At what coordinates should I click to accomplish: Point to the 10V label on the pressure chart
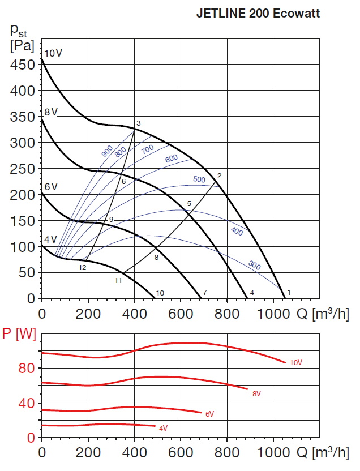tap(53, 53)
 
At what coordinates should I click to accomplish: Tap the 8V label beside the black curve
tap(52, 112)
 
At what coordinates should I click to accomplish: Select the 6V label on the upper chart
tap(52, 187)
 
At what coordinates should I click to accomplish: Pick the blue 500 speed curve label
tap(199, 179)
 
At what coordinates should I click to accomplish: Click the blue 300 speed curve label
tap(255, 264)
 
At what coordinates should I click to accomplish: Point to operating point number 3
tap(138, 123)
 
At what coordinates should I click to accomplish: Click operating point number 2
tap(219, 175)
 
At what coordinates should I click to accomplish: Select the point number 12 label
tap(83, 267)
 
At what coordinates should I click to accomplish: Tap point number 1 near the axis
tap(289, 292)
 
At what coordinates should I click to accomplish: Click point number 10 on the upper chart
tap(160, 293)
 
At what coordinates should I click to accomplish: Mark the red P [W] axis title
tap(19, 335)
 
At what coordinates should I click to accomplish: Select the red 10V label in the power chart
tap(295, 362)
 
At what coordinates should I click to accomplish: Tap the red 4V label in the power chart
tap(164, 429)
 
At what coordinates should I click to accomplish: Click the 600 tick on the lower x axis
tap(181, 453)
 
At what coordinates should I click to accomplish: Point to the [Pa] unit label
tap(23, 44)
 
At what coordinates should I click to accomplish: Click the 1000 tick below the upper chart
tap(273, 312)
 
